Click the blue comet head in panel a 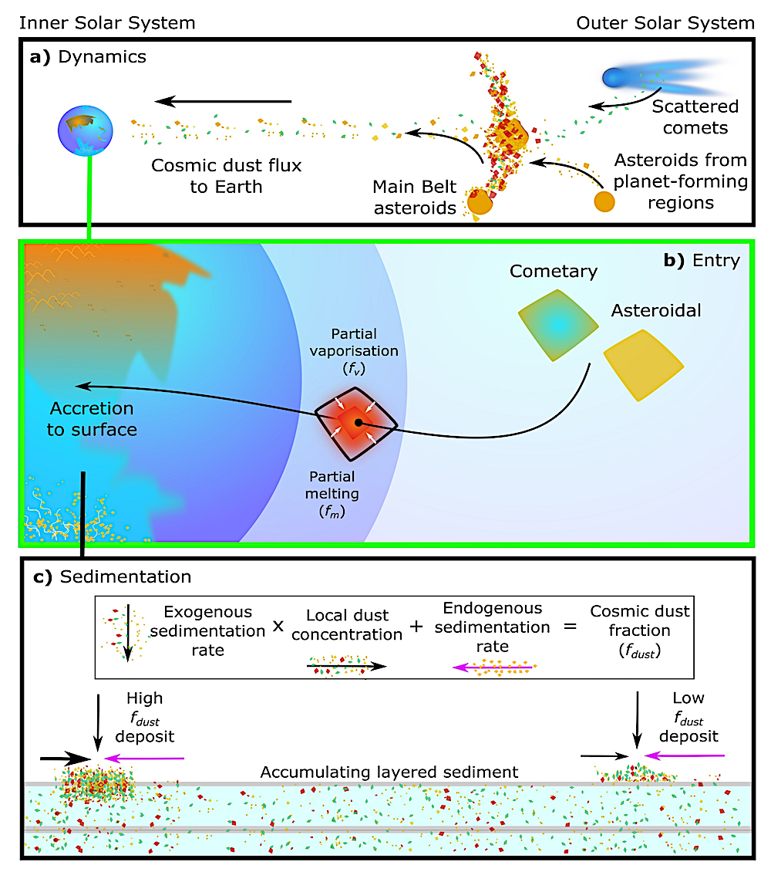coord(613,78)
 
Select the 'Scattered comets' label coord(694,117)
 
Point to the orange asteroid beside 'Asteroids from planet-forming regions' coord(604,201)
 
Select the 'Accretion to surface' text coord(92,418)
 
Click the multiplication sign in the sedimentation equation coord(278,627)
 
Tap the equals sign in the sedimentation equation coord(569,626)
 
